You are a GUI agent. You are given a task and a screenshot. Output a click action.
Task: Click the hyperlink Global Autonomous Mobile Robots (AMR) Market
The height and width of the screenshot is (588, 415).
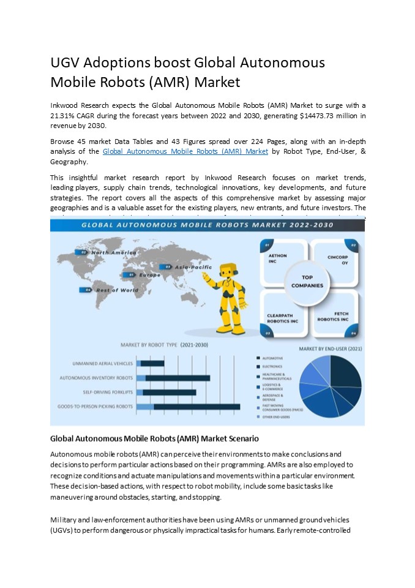[x=185, y=151]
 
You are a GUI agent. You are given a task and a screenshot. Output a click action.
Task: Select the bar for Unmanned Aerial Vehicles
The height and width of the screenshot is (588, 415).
[x=151, y=363]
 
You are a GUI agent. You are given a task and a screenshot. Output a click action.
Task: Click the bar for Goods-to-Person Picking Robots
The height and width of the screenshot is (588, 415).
[x=188, y=406]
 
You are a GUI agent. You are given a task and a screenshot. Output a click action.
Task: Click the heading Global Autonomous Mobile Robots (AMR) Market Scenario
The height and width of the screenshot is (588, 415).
[x=154, y=439]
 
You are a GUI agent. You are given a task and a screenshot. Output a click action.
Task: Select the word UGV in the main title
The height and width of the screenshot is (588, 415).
[x=66, y=63]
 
